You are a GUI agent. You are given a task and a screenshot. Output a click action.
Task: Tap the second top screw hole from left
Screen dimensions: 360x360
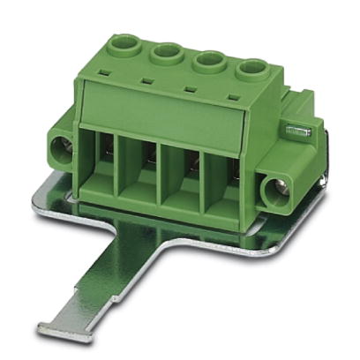tap(166, 52)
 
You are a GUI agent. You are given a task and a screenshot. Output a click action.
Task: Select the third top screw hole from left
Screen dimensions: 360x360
tap(209, 59)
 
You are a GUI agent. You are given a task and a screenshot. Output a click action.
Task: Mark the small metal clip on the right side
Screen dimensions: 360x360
tap(297, 130)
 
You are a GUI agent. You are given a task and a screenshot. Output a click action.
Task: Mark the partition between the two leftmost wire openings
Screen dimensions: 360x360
tap(116, 174)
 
